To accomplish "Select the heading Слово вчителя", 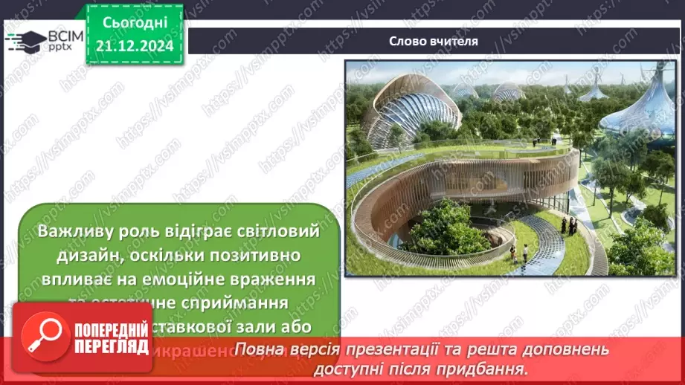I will [434, 41].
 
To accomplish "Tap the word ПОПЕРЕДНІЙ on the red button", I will [111, 328].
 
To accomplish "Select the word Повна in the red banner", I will [256, 350].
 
